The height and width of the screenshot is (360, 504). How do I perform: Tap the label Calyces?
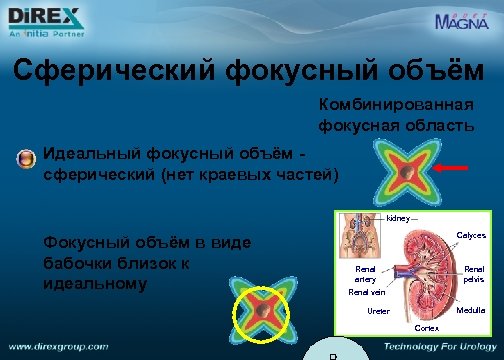[x=470, y=236]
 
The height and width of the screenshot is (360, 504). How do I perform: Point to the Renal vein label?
[x=366, y=293]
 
